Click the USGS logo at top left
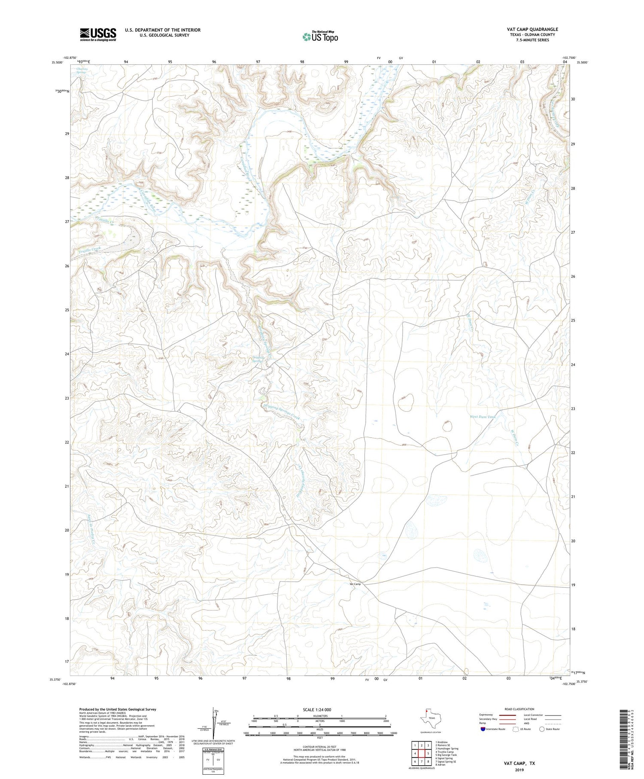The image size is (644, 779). pos(98,34)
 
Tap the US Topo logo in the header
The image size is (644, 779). pos(320,37)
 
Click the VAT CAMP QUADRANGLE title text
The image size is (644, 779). pos(532,29)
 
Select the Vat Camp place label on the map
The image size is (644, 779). pos(355,584)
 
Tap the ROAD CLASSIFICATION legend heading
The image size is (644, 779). pos(519,709)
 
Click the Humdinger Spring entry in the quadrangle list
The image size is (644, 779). pos(447,748)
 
